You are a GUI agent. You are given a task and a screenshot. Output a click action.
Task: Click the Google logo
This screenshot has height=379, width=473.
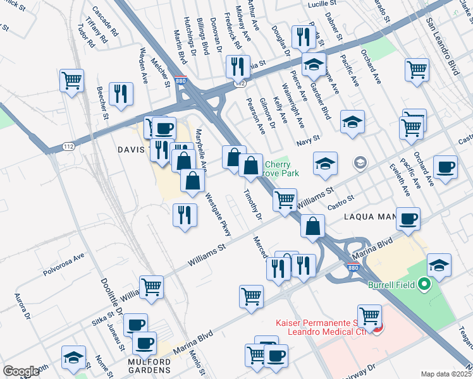pos(20,371)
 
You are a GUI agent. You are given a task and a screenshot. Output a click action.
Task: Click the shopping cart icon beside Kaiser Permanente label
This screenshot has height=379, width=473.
pos(369,315)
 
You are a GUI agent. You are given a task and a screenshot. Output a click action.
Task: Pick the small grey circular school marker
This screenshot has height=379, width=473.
pos(360,164)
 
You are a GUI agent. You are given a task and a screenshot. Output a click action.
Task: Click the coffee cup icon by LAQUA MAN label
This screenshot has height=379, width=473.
pos(408,218)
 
